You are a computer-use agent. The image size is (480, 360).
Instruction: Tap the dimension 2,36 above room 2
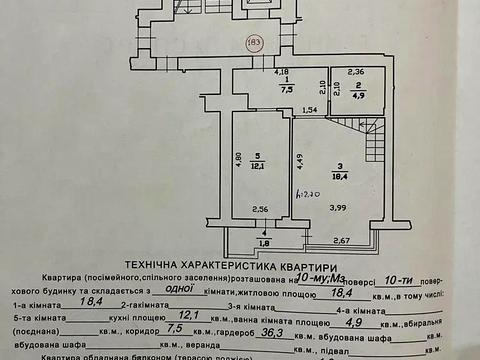356,71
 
